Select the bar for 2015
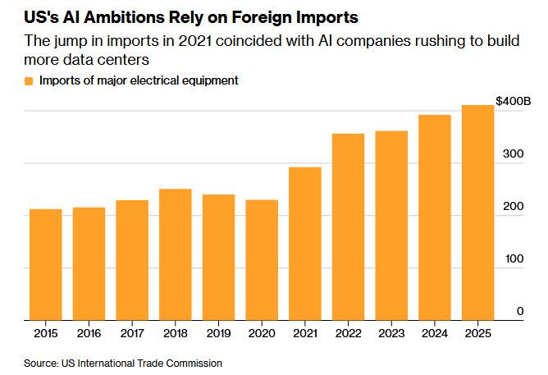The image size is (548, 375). click(46, 264)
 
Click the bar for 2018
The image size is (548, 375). click(175, 254)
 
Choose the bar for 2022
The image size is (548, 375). click(348, 226)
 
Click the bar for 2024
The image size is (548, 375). click(434, 217)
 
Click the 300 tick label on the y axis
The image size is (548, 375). click(514, 153)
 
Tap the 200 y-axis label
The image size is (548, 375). click(514, 206)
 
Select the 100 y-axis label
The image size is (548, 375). click(514, 258)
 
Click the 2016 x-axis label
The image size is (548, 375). click(89, 333)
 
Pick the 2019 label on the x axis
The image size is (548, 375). click(218, 333)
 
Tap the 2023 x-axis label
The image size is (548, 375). click(391, 333)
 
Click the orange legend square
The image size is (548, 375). click(29, 80)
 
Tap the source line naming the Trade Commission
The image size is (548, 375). click(123, 362)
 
